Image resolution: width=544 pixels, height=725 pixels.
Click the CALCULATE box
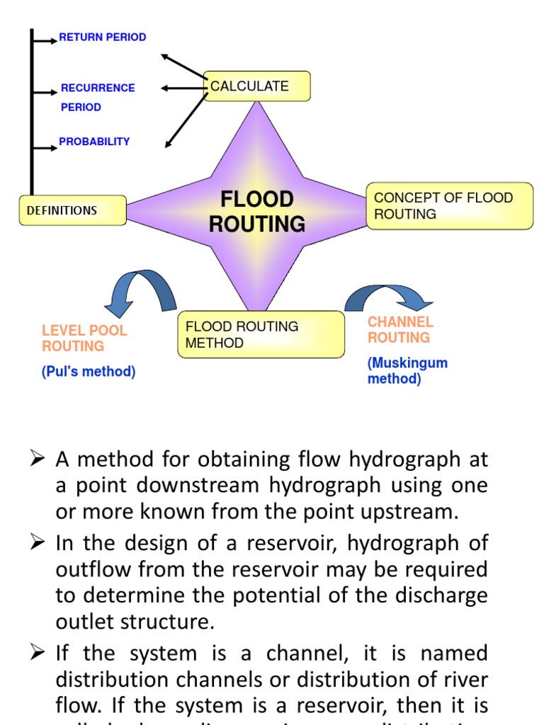pyautogui.click(x=256, y=86)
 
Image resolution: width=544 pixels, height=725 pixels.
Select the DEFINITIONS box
pyautogui.click(x=72, y=210)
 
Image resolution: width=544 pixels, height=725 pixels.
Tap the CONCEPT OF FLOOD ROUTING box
pyautogui.click(x=449, y=206)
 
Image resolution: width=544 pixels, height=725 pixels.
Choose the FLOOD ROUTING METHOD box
pyautogui.click(x=260, y=334)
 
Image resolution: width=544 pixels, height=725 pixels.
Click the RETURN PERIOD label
pyautogui.click(x=102, y=37)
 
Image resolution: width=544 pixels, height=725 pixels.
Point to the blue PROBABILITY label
pyautogui.click(x=94, y=142)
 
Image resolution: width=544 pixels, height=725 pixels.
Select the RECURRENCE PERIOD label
pyautogui.click(x=97, y=97)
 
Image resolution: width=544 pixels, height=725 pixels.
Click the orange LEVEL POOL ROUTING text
pyautogui.click(x=84, y=338)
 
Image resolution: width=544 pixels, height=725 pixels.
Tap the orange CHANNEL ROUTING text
pyautogui.click(x=400, y=330)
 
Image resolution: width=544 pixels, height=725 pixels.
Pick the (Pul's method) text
pyautogui.click(x=89, y=372)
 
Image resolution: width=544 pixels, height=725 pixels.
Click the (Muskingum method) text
pyautogui.click(x=407, y=371)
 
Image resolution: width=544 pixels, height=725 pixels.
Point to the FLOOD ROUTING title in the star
pyautogui.click(x=256, y=211)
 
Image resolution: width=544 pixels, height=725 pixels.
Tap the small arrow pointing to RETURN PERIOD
pyautogui.click(x=45, y=40)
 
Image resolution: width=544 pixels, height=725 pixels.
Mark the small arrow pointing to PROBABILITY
pyautogui.click(x=45, y=147)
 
